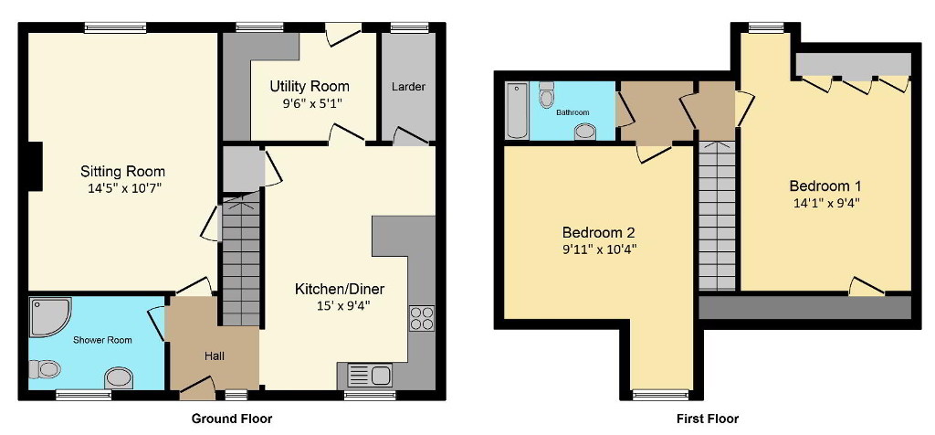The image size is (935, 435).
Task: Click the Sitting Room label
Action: point(122,171)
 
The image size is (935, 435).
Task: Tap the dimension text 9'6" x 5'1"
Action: point(309,103)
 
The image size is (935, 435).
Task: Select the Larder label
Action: point(408,87)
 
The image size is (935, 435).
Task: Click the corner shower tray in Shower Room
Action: point(47,316)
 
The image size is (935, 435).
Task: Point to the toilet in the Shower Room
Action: point(45,369)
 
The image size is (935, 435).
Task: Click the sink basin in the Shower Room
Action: point(119,377)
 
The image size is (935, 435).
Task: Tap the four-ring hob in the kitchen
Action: point(422,317)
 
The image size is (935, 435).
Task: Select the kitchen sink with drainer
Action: point(369,375)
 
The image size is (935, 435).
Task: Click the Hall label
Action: point(214,355)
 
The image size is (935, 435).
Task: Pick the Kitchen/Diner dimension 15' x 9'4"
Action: point(332,305)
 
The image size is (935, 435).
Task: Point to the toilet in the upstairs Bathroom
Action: point(547,94)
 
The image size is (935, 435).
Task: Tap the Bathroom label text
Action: point(573,112)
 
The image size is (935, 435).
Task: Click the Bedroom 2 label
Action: point(598,231)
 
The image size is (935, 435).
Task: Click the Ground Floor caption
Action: point(231,419)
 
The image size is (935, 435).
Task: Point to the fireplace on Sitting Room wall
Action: point(35,166)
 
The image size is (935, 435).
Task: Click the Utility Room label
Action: point(309,87)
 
